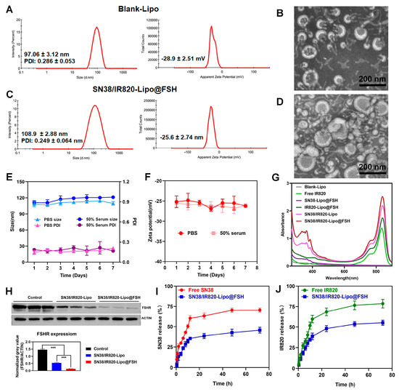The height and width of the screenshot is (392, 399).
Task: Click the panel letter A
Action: (8, 9)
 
